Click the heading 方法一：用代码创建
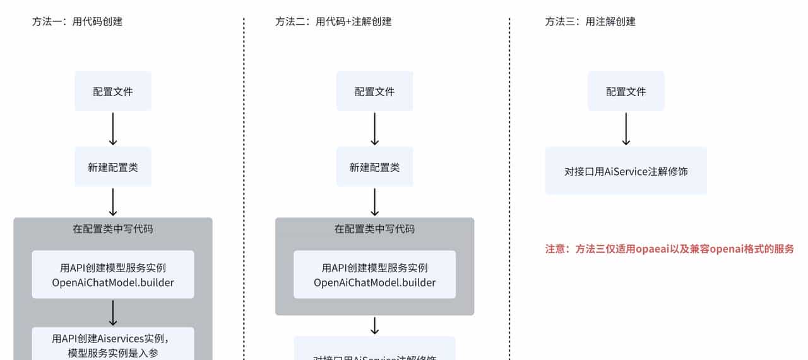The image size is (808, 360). pyautogui.click(x=77, y=21)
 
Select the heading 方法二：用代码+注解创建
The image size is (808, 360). pyautogui.click(x=333, y=21)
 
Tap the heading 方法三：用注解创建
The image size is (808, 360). pyautogui.click(x=590, y=21)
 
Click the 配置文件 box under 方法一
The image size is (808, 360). pyautogui.click(x=113, y=91)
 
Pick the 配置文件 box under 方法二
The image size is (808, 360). pyautogui.click(x=374, y=91)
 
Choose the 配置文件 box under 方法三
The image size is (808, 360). pyautogui.click(x=626, y=91)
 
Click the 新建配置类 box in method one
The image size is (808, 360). pyautogui.click(x=113, y=167)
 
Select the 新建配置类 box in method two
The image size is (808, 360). pyautogui.click(x=374, y=167)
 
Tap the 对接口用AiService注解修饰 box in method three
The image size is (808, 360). pyautogui.click(x=626, y=171)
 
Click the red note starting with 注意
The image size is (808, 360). pyautogui.click(x=669, y=249)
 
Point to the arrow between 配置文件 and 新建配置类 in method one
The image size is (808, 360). pyautogui.click(x=113, y=129)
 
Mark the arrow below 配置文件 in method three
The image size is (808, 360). pyautogui.click(x=626, y=129)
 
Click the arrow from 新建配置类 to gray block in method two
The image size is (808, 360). pyautogui.click(x=374, y=202)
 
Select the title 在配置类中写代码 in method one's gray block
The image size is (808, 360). pyautogui.click(x=113, y=229)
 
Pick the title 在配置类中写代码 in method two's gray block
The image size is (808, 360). pyautogui.click(x=374, y=229)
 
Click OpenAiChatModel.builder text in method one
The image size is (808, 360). pyautogui.click(x=113, y=282)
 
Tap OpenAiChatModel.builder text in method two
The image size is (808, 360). pyautogui.click(x=374, y=282)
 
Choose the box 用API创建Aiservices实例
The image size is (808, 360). pyautogui.click(x=113, y=345)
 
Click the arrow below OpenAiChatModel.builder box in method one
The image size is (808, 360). pyautogui.click(x=113, y=313)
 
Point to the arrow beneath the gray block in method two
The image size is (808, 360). pyautogui.click(x=374, y=325)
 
